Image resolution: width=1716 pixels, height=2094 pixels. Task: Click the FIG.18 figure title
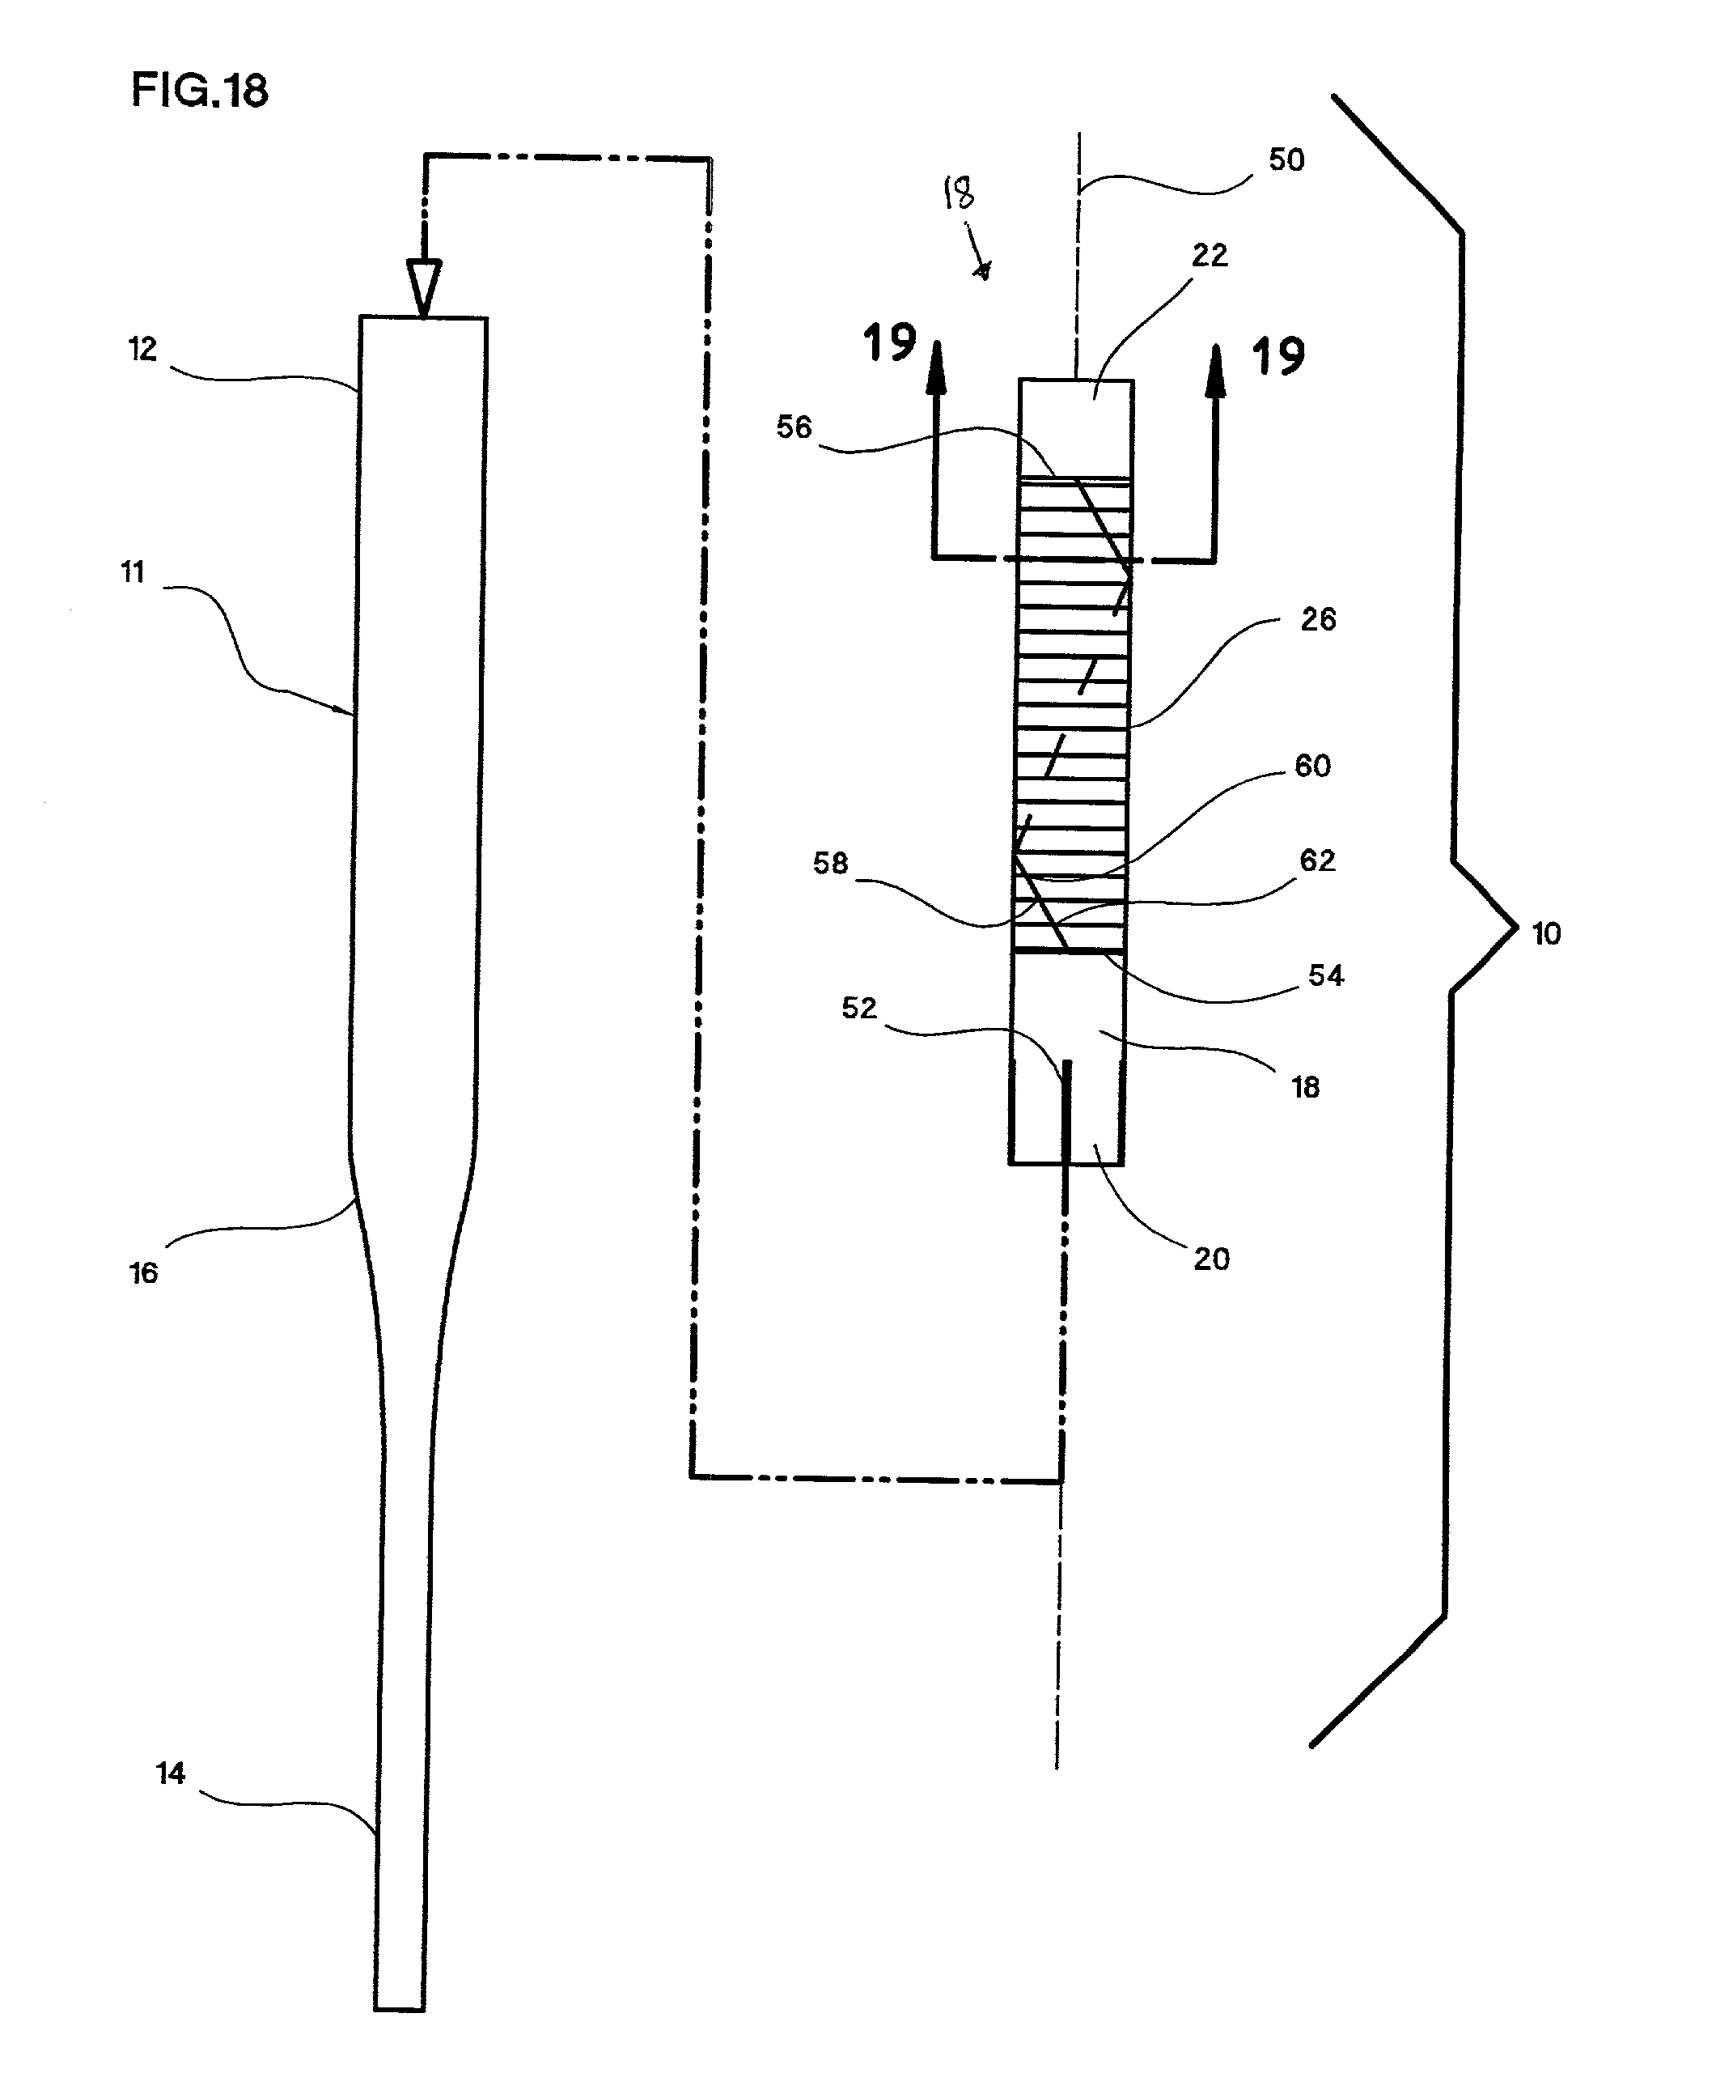click(200, 90)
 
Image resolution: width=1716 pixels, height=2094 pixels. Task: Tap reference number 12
click(142, 349)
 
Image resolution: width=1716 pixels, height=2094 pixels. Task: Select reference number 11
click(133, 571)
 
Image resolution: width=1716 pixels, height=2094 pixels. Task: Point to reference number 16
click(143, 1272)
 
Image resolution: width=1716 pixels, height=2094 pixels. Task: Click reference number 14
click(170, 1773)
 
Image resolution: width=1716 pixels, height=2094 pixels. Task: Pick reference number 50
click(1286, 159)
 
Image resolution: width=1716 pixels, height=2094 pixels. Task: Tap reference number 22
click(1210, 255)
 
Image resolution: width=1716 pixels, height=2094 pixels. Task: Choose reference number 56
click(794, 427)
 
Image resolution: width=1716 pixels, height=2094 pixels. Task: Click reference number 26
click(1319, 619)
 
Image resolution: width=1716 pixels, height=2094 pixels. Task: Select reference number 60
click(1313, 765)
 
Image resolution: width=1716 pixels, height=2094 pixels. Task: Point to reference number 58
click(830, 863)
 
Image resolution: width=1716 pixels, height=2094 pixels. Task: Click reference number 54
click(1325, 976)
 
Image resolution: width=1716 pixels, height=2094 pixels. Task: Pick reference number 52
click(859, 1008)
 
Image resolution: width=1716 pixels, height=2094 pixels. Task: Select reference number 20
click(1212, 1259)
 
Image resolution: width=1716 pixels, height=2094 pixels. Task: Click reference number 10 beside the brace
click(1546, 933)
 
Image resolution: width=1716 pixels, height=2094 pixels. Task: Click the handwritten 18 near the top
click(959, 192)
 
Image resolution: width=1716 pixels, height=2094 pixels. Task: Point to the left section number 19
click(890, 342)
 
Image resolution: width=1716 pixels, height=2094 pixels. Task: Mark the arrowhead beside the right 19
click(1216, 371)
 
